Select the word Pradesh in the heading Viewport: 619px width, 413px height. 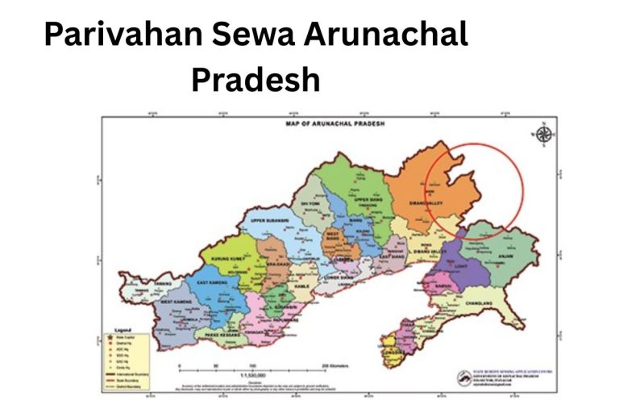point(255,80)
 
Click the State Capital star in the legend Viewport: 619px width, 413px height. point(110,337)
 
